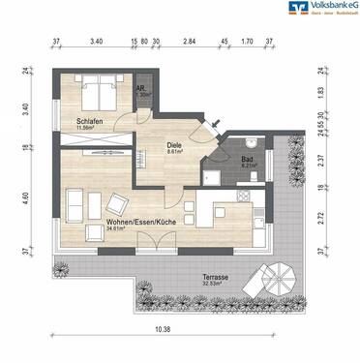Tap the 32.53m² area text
tap(216, 284)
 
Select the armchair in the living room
tap(118, 204)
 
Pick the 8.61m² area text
tap(176, 151)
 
